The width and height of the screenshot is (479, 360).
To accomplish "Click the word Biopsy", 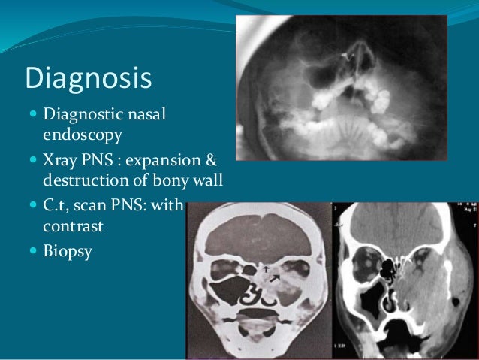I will click(68, 250).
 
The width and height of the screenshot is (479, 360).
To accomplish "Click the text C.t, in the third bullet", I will click(59, 204).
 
